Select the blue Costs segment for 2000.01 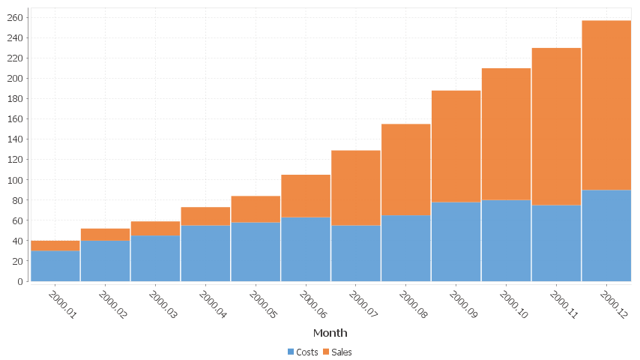click(x=55, y=265)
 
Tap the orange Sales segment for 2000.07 click(x=356, y=187)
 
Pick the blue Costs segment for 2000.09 click(x=456, y=241)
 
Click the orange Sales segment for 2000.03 click(x=155, y=228)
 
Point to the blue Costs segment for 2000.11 click(x=556, y=243)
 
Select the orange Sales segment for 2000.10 click(x=506, y=133)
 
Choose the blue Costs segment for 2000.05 click(x=256, y=251)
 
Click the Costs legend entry click(x=302, y=352)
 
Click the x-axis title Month click(x=330, y=332)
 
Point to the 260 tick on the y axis click(x=15, y=17)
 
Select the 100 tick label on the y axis click(x=15, y=180)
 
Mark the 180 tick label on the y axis click(x=15, y=98)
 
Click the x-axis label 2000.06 click(x=313, y=304)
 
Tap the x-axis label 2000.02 click(x=112, y=304)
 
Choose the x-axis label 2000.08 click(x=413, y=304)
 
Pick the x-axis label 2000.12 click(x=614, y=304)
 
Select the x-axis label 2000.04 click(x=212, y=304)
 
